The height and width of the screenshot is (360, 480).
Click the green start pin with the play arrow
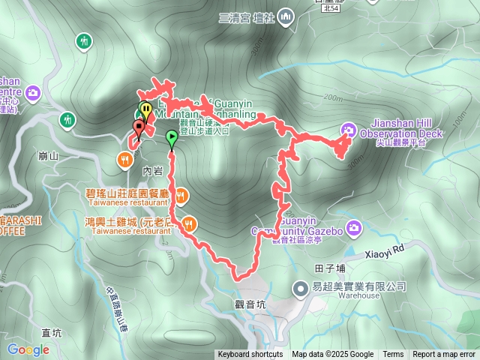pyautogui.click(x=172, y=138)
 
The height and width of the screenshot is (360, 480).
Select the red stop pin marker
pyautogui.click(x=138, y=126)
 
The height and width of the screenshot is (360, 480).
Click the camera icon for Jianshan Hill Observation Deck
pyautogui.click(x=347, y=129)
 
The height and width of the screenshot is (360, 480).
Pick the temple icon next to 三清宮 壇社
pyautogui.click(x=285, y=17)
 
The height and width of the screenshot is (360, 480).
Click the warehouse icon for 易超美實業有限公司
pyautogui.click(x=300, y=287)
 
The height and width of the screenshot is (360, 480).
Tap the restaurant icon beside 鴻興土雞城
pyautogui.click(x=190, y=222)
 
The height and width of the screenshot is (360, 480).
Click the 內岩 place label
pyautogui.click(x=152, y=171)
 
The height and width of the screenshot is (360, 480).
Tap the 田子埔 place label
pyautogui.click(x=330, y=267)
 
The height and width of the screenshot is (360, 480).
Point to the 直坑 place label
pyautogui.click(x=52, y=333)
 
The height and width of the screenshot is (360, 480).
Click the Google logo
pyautogui.click(x=28, y=349)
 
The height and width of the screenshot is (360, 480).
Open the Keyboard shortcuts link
pyautogui.click(x=250, y=355)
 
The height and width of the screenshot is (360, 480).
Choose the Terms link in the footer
pyautogui.click(x=393, y=355)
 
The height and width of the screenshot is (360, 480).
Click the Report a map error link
pyautogui.click(x=444, y=355)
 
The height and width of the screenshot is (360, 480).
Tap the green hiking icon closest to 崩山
pyautogui.click(x=68, y=118)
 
